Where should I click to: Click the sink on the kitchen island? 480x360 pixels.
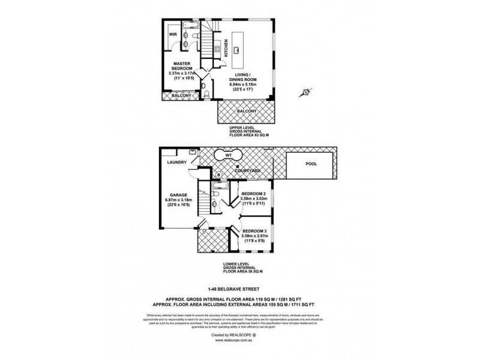pos(238,50)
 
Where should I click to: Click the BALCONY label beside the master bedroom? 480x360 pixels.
pos(182,96)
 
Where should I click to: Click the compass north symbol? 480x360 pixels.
pos(305,92)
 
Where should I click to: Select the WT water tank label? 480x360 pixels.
pos(227,155)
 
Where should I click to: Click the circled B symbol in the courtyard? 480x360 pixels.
pos(219,175)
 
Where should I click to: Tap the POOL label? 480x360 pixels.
pos(311,163)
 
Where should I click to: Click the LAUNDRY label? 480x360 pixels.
pos(178,162)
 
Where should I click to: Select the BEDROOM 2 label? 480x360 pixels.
pos(253,194)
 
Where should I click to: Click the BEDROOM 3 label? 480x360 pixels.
pos(253,231)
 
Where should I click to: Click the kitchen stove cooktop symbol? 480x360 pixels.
pos(217,50)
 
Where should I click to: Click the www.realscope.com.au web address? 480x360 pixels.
pos(239,340)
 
